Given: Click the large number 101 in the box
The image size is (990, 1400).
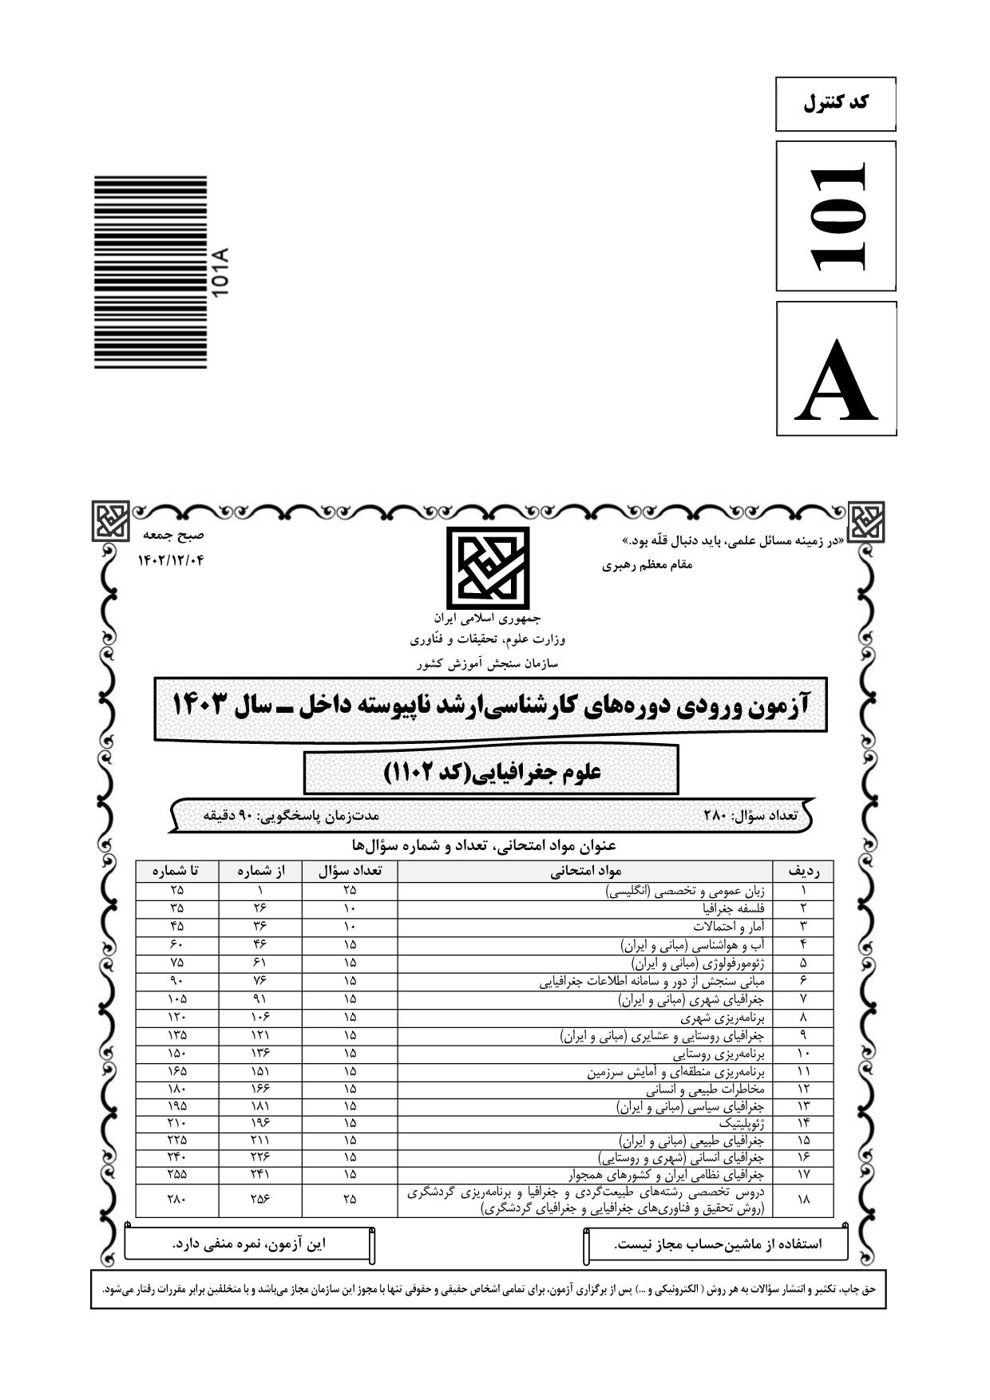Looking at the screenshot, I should point(836,216).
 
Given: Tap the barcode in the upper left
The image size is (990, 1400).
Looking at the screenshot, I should point(151,271).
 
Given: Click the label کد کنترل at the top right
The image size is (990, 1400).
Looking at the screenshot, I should point(835,103).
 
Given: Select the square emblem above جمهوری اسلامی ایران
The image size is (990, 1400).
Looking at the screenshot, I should point(487,567).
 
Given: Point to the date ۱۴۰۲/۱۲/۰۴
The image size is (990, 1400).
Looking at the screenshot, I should point(171,560).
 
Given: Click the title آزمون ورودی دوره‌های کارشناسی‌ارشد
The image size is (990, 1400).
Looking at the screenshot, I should point(490,706).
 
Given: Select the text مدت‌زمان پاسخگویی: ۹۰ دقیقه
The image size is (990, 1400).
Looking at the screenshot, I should point(291,815).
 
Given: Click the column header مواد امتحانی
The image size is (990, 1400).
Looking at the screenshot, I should point(585,871).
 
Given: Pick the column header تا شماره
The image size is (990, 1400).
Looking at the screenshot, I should point(176,871).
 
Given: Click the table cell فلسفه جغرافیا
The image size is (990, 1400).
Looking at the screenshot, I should point(734,908).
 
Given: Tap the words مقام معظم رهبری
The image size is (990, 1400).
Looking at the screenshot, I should point(647,565).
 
